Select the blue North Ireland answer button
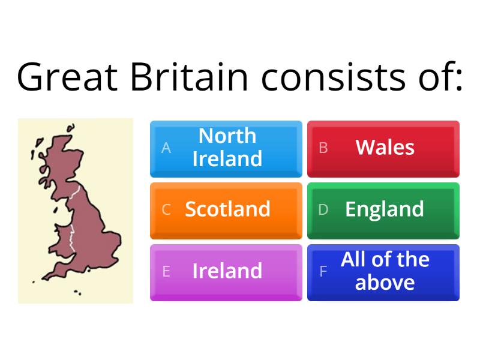226,148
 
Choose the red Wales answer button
384,148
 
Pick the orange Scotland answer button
226,210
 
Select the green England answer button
384,210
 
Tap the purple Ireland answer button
226,272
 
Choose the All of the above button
384,272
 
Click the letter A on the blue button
166,148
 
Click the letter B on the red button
323,148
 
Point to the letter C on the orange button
166,210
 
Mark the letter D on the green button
323,210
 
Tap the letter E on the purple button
166,272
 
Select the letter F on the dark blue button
323,272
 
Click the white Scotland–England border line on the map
74,193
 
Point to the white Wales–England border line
72,240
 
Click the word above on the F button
385,283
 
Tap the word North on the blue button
227,136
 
